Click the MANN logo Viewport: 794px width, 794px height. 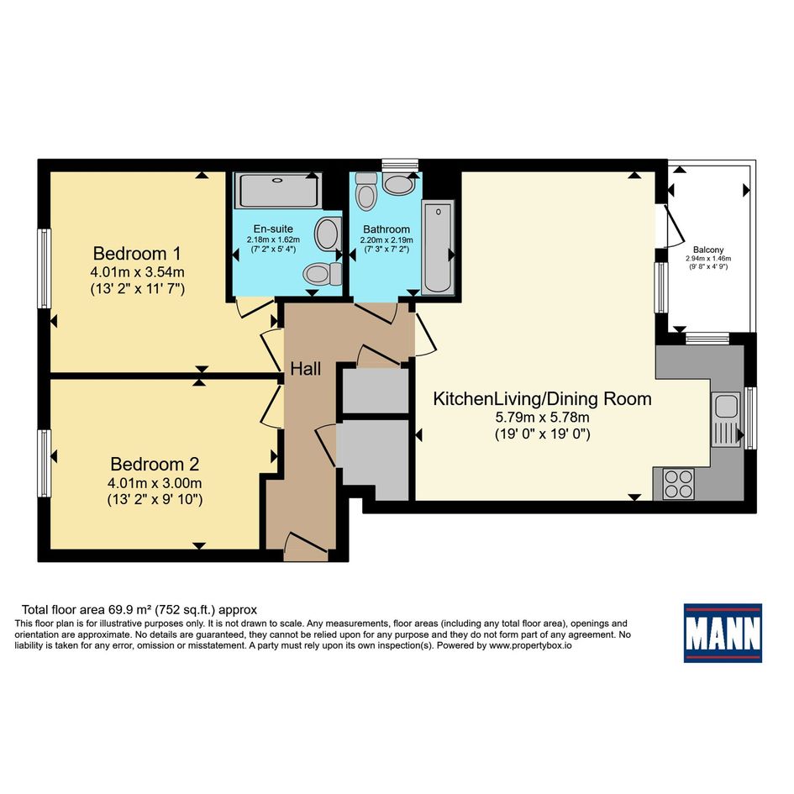(723, 633)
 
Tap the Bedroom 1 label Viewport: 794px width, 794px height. (137, 253)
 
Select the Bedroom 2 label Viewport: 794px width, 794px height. (155, 464)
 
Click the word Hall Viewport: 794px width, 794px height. (305, 369)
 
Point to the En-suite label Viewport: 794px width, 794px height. (273, 229)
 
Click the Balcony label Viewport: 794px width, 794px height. (708, 250)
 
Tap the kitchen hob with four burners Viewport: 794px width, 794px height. (679, 484)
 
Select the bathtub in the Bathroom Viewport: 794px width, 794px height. (438, 247)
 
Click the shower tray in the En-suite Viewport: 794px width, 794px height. (278, 190)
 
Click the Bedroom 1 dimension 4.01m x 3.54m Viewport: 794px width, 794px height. (137, 272)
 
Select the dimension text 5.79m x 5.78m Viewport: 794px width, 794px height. (542, 418)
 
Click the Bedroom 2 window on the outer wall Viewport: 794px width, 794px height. (45, 463)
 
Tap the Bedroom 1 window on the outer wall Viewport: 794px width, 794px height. (45, 268)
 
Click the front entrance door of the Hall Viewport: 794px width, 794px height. (306, 546)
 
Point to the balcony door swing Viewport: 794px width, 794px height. (676, 226)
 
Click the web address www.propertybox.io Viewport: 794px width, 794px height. (530, 645)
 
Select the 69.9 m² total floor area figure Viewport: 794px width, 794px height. (130, 610)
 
